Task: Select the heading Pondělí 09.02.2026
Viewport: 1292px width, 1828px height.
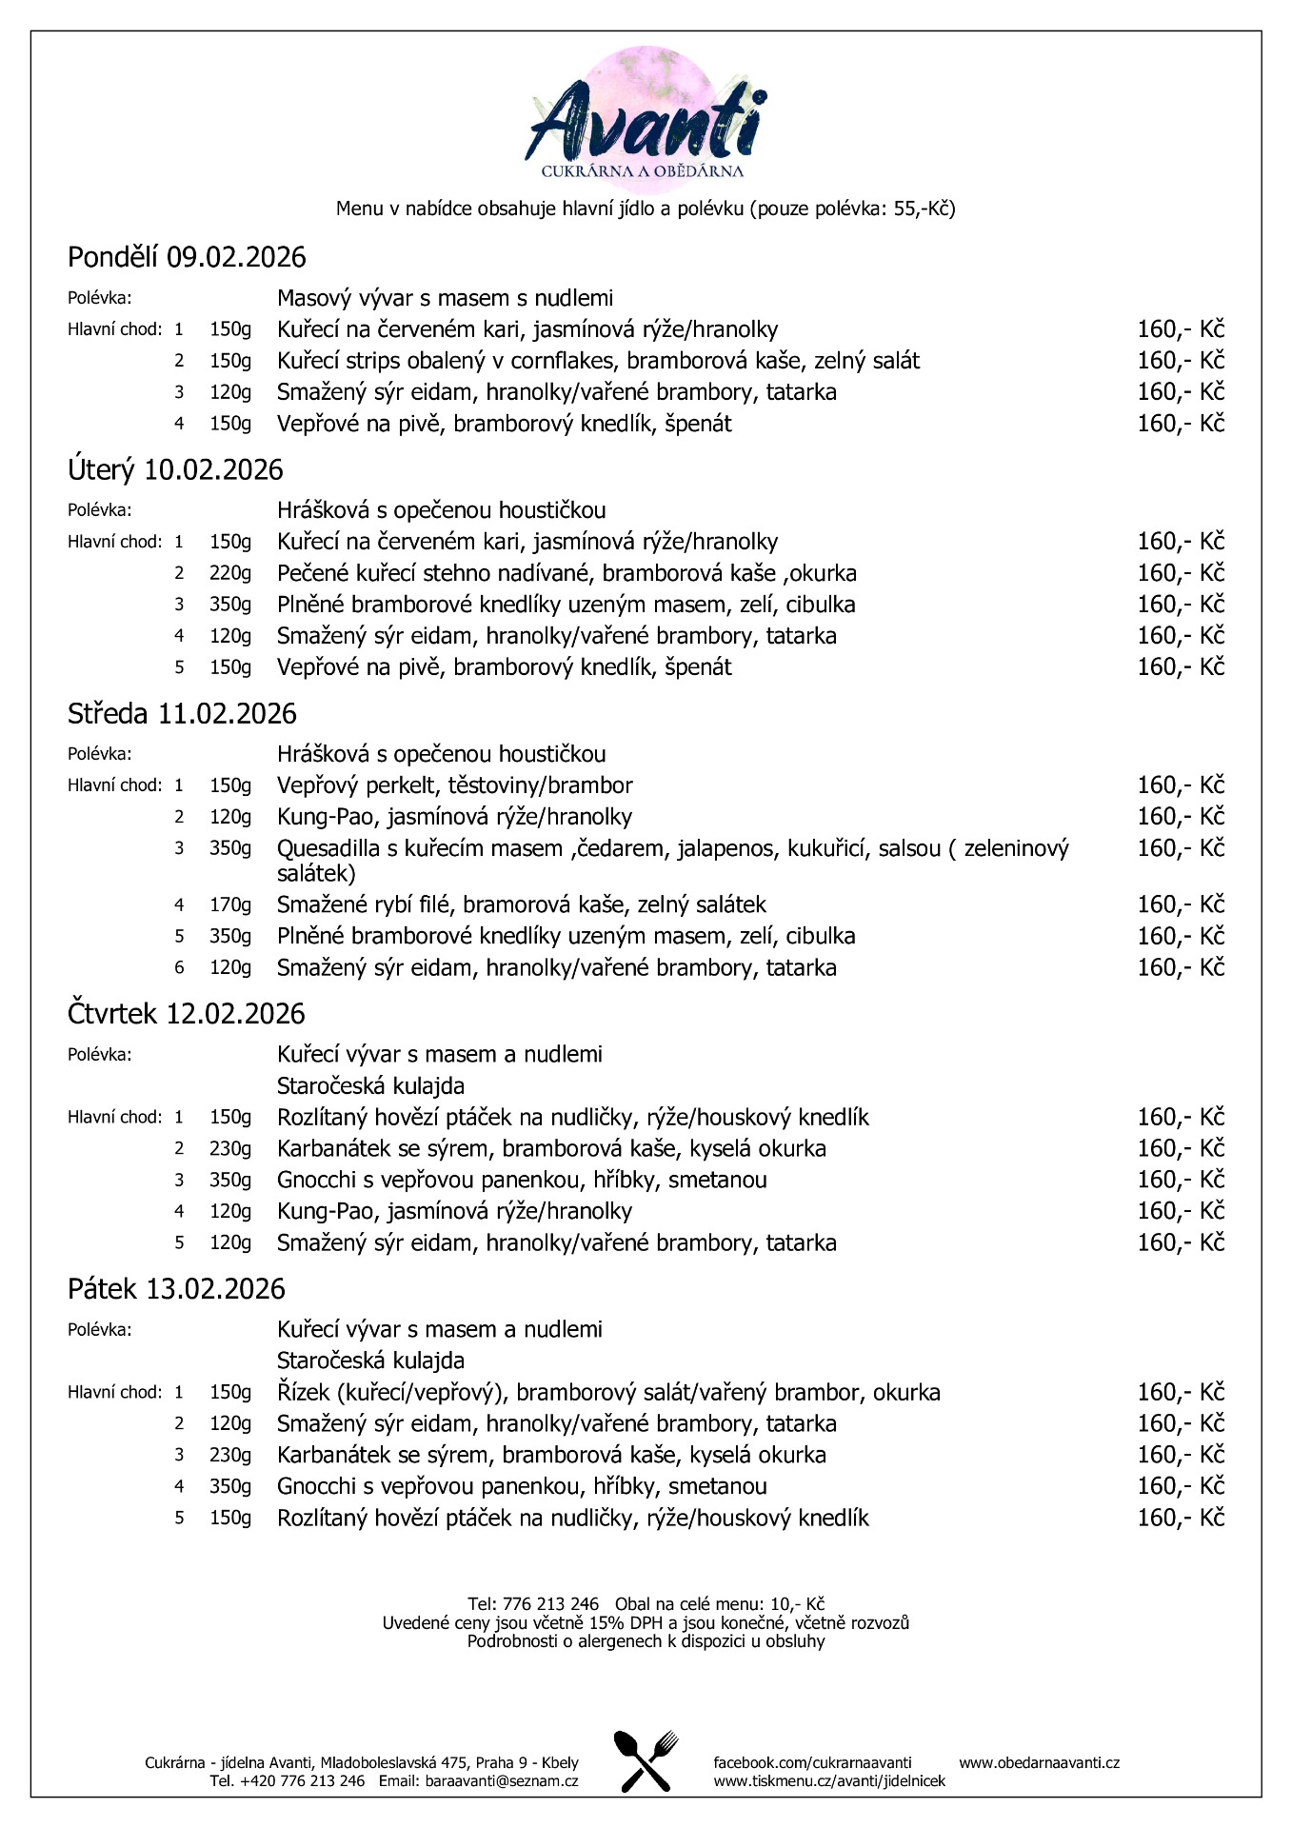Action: point(187,257)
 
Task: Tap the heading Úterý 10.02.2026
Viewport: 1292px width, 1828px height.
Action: point(175,469)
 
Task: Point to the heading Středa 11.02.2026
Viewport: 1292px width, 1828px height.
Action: point(182,713)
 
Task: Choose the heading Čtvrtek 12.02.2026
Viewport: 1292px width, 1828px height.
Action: point(187,1013)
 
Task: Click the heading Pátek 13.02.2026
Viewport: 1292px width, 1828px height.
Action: point(176,1288)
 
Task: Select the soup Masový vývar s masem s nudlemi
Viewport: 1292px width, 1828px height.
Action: point(445,298)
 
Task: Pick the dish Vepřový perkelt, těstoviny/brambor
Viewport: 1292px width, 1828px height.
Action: point(454,785)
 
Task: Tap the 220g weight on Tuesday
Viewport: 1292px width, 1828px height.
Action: point(230,573)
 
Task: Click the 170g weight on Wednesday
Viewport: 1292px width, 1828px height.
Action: point(230,904)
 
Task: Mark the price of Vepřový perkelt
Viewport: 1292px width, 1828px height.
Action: point(1180,785)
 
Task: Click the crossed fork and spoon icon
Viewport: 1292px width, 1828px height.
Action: point(646,1760)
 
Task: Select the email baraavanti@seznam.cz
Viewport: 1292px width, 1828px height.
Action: point(502,1780)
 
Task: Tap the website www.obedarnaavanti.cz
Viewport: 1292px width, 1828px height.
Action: point(1039,1762)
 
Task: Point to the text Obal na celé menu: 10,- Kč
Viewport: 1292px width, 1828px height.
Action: point(719,1604)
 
